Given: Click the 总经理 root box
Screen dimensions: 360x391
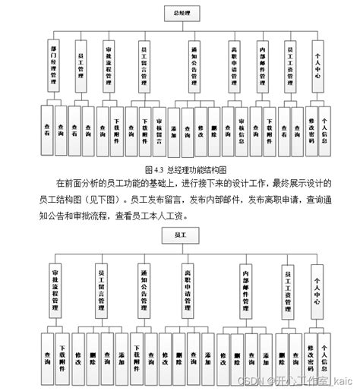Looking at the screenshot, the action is pos(180,13).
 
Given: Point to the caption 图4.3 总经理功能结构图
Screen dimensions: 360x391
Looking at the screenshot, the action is pos(185,169).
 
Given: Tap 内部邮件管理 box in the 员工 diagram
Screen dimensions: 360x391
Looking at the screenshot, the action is pos(245,290).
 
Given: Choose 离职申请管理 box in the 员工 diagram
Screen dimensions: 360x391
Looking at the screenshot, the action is pos(187,290).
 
